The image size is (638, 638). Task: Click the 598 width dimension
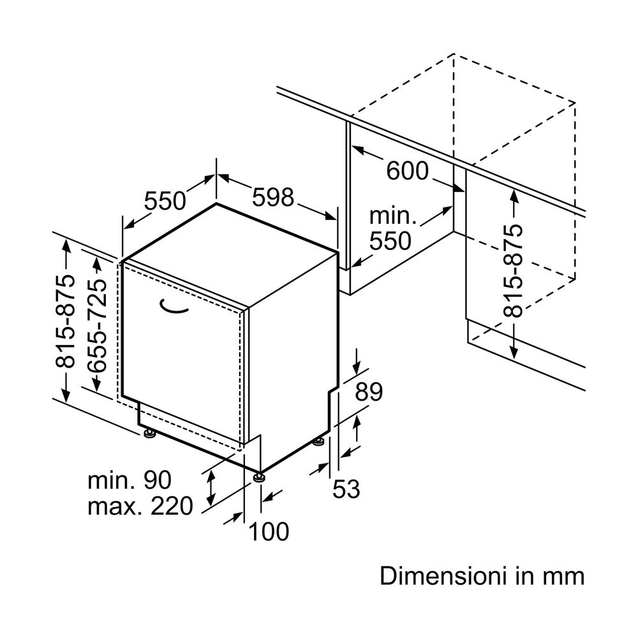pyautogui.click(x=273, y=197)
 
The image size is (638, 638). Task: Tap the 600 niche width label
pyautogui.click(x=408, y=171)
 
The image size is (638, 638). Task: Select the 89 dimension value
pyautogui.click(x=369, y=392)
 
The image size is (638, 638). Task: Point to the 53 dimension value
pyautogui.click(x=346, y=489)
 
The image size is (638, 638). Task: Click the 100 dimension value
pyautogui.click(x=268, y=531)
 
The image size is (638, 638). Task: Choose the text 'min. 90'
pyautogui.click(x=130, y=480)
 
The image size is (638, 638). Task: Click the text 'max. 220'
pyautogui.click(x=140, y=507)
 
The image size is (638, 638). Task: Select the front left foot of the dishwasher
pyautogui.click(x=151, y=434)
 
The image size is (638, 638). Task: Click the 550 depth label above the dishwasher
pyautogui.click(x=164, y=201)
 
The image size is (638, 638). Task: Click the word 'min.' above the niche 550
pyautogui.click(x=393, y=216)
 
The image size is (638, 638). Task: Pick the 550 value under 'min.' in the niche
pyautogui.click(x=390, y=241)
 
